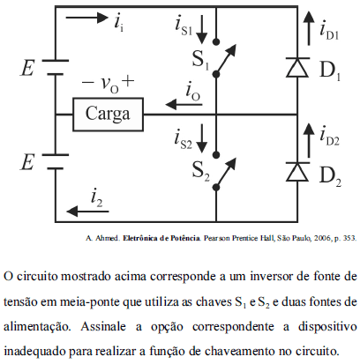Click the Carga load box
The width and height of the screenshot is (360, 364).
(x=108, y=115)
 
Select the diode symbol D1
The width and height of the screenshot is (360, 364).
(x=297, y=67)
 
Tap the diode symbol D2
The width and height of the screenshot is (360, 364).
(x=297, y=171)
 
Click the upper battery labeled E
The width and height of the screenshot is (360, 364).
(x=56, y=67)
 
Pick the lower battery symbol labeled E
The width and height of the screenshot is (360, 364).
(x=56, y=161)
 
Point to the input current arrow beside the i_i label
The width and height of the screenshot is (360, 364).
(x=87, y=18)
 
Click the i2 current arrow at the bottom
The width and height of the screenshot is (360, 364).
(x=87, y=211)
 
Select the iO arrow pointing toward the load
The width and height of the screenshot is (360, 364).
(x=184, y=104)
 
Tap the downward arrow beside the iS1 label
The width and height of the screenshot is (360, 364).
(x=202, y=29)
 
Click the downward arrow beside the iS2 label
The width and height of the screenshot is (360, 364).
(x=202, y=138)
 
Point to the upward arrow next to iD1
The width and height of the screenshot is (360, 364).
(x=309, y=28)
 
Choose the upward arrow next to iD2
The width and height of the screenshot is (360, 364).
(x=309, y=140)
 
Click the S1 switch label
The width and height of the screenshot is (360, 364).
(x=200, y=60)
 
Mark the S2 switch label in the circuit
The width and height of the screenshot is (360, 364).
(x=200, y=171)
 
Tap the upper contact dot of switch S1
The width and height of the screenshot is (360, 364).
(x=216, y=41)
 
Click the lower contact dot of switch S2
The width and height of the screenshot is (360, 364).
(x=216, y=187)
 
